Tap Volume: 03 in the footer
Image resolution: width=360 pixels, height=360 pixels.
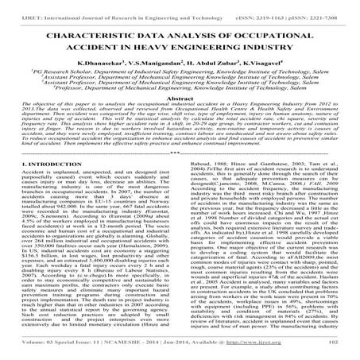[x=31, y=346]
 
